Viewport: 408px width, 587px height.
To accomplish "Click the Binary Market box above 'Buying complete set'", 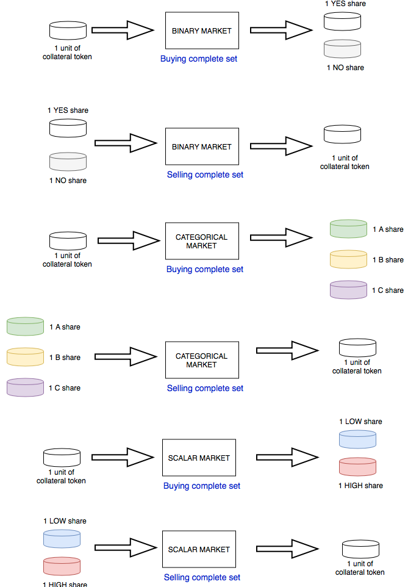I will pyautogui.click(x=202, y=31).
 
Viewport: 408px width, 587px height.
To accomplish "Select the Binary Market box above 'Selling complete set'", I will pyautogui.click(x=202, y=146).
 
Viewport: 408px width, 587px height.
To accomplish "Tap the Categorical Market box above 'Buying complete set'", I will pyautogui.click(x=202, y=241).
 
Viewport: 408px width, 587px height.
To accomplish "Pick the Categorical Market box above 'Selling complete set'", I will pyautogui.click(x=202, y=360).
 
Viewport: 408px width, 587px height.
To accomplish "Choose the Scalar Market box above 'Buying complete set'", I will pyautogui.click(x=199, y=458).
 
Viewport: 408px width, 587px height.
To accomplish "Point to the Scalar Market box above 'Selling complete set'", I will pyautogui.click(x=199, y=549).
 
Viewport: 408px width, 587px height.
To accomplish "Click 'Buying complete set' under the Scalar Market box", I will pyautogui.click(x=202, y=486).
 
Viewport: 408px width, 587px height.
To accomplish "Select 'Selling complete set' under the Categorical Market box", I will pyautogui.click(x=205, y=388).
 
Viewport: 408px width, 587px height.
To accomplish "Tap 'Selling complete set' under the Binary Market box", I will pyautogui.click(x=205, y=175).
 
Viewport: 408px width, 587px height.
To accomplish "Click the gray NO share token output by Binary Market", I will pyautogui.click(x=342, y=49).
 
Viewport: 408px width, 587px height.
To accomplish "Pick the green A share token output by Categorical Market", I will pyautogui.click(x=348, y=229).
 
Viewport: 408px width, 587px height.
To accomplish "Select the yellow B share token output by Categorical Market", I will pyautogui.click(x=348, y=259).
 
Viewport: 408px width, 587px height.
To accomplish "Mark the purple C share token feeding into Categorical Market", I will pyautogui.click(x=25, y=387).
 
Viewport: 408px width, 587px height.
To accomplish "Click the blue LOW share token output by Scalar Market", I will pyautogui.click(x=357, y=439).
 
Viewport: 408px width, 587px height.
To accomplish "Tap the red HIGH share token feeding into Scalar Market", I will pyautogui.click(x=62, y=566).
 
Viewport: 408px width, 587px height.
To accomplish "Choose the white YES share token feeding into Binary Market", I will pyautogui.click(x=68, y=128).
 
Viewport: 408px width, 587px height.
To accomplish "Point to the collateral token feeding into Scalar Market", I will pyautogui.click(x=62, y=457).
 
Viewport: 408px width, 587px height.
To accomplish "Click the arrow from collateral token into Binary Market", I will pyautogui.click(x=122, y=30).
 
